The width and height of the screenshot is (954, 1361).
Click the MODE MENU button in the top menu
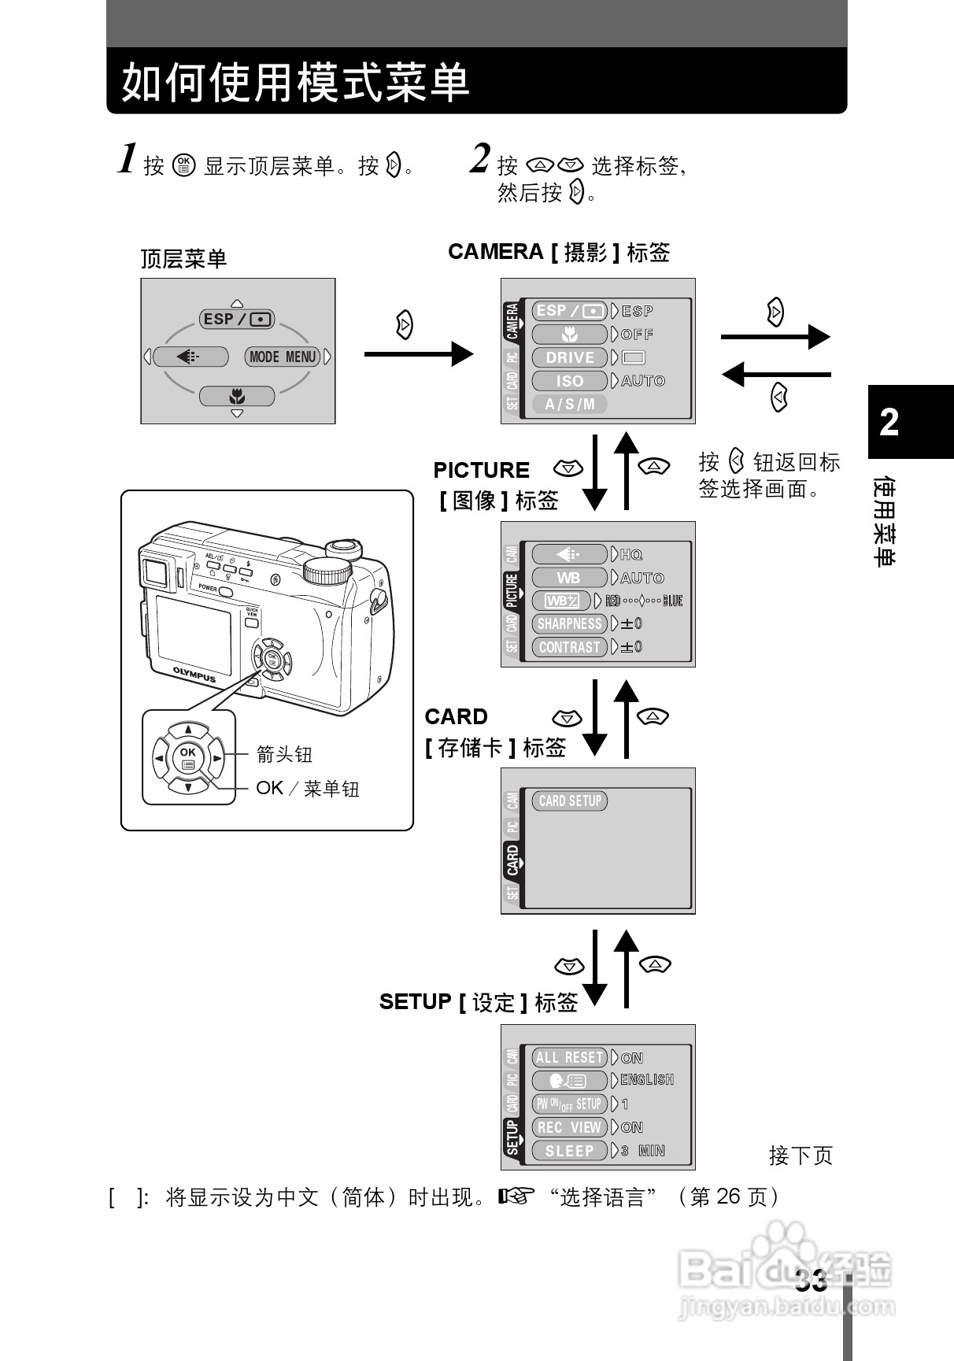[282, 357]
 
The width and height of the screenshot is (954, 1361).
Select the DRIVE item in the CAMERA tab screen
[570, 357]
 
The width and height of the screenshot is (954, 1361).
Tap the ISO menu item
[570, 381]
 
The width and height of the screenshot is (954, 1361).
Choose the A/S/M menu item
[570, 404]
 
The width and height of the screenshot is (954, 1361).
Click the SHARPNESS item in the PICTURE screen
[570, 623]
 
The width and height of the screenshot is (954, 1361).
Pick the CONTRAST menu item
[570, 647]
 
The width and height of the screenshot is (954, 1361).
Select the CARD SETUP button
[570, 801]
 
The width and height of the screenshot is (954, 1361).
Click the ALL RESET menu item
[570, 1057]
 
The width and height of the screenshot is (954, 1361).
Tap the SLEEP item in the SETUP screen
[570, 1151]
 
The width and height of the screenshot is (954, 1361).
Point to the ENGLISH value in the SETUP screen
[647, 1080]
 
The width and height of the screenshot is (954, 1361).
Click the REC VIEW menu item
[570, 1127]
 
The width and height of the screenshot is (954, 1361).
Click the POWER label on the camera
[208, 587]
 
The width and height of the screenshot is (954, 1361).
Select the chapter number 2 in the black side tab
[889, 423]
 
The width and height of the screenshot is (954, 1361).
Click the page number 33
[811, 1281]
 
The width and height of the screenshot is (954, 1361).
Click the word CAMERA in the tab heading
[495, 252]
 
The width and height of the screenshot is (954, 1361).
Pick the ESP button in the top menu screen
[237, 319]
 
